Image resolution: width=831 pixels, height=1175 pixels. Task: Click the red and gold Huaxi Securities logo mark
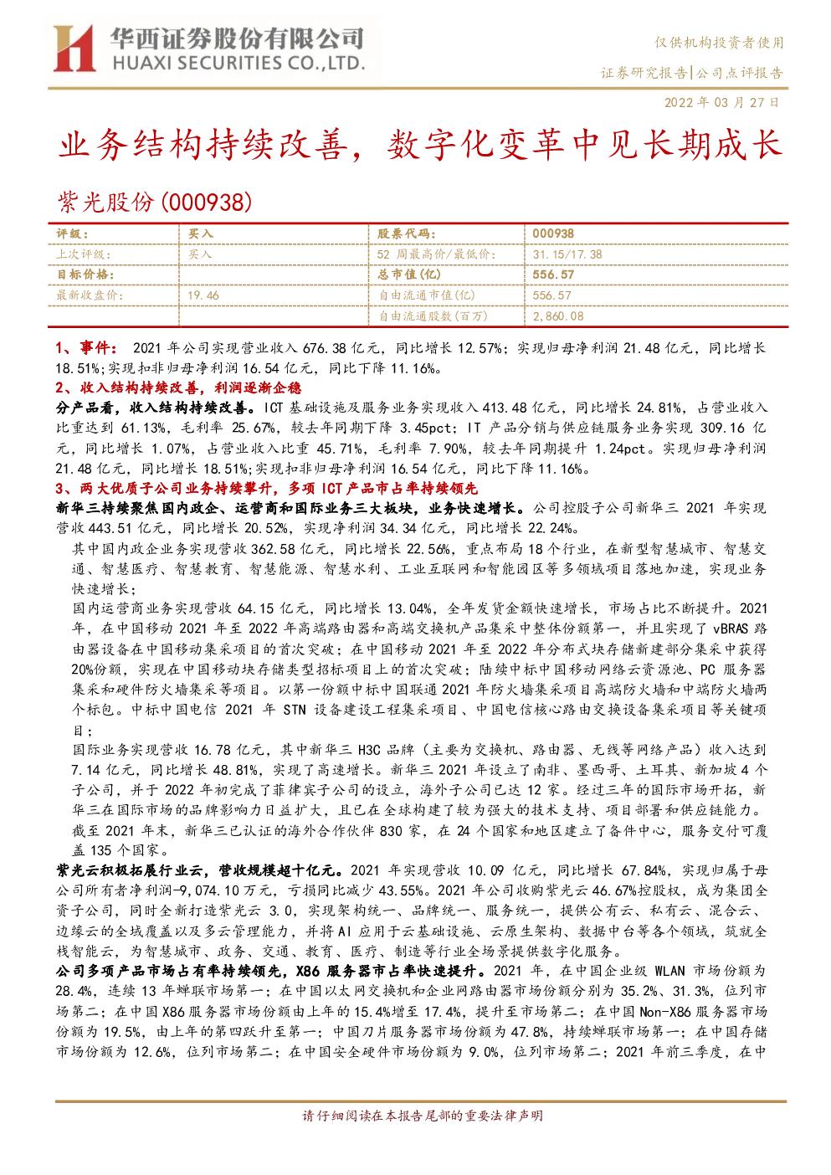click(74, 48)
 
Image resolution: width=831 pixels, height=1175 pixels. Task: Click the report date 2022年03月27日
click(721, 102)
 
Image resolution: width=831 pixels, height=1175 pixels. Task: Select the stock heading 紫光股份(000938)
click(155, 202)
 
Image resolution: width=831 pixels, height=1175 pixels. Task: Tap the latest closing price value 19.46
click(203, 295)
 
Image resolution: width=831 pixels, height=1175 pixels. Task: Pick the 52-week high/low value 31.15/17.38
click(567, 254)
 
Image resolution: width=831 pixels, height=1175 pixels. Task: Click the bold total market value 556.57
click(553, 275)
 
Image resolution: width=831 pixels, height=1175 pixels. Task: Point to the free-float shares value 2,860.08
click(557, 316)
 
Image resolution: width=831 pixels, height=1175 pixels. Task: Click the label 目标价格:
click(85, 275)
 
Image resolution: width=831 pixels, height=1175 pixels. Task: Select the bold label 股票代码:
click(406, 233)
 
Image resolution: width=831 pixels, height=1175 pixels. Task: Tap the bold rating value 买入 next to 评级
click(200, 233)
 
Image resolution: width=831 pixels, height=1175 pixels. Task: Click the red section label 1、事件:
click(87, 348)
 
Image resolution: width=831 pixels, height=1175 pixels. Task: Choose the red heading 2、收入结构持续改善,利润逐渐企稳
click(179, 387)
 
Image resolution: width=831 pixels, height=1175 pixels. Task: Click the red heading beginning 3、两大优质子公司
click(266, 489)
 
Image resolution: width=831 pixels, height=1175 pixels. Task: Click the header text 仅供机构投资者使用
click(719, 43)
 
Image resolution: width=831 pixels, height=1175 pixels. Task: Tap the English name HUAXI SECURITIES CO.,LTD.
click(239, 64)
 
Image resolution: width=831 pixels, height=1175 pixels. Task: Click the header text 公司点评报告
click(740, 73)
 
